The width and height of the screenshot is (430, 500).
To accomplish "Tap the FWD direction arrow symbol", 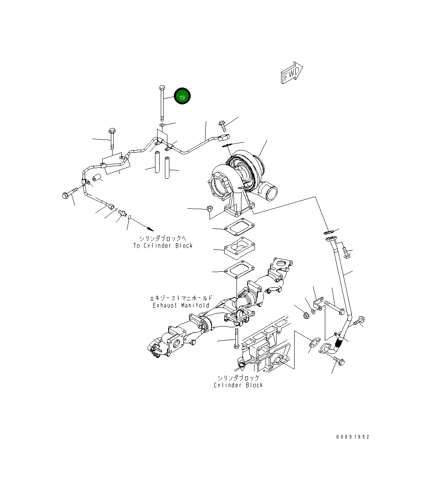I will [292, 73].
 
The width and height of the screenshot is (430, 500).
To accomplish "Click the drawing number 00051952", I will [353, 437].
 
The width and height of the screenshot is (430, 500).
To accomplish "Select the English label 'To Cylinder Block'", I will [163, 245].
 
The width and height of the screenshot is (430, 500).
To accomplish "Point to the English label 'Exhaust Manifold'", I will [181, 305].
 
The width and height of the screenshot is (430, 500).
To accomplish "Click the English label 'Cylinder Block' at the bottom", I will [238, 385].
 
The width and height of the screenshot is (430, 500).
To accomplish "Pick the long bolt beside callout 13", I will [162, 102].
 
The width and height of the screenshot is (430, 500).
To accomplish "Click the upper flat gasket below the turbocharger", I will [239, 228].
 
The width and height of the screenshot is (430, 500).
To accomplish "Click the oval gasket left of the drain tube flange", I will [313, 344].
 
